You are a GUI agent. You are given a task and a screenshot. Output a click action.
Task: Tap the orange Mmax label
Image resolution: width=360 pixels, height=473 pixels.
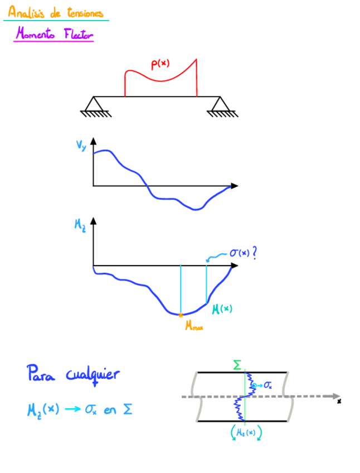click(194, 327)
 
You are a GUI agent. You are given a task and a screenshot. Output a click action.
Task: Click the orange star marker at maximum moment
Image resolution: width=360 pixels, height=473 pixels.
click(181, 315)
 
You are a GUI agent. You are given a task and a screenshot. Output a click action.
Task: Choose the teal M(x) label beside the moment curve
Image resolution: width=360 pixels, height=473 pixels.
click(222, 308)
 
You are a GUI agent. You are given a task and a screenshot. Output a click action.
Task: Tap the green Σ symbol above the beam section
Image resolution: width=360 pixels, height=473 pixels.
click(237, 366)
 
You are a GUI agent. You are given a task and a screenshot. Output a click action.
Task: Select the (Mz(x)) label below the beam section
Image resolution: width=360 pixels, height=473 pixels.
click(246, 432)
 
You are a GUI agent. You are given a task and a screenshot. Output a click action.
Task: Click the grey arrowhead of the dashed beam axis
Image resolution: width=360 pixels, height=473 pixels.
click(336, 396)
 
